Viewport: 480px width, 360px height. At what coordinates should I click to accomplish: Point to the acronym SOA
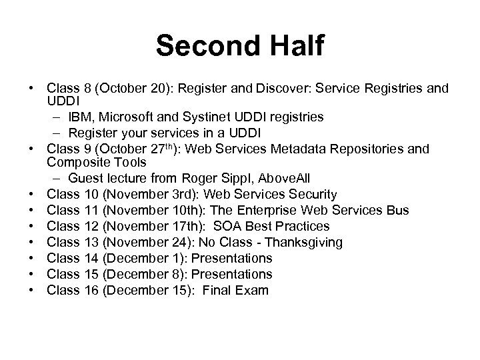click(225, 226)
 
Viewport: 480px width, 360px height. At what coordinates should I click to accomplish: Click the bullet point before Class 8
click(31, 88)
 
